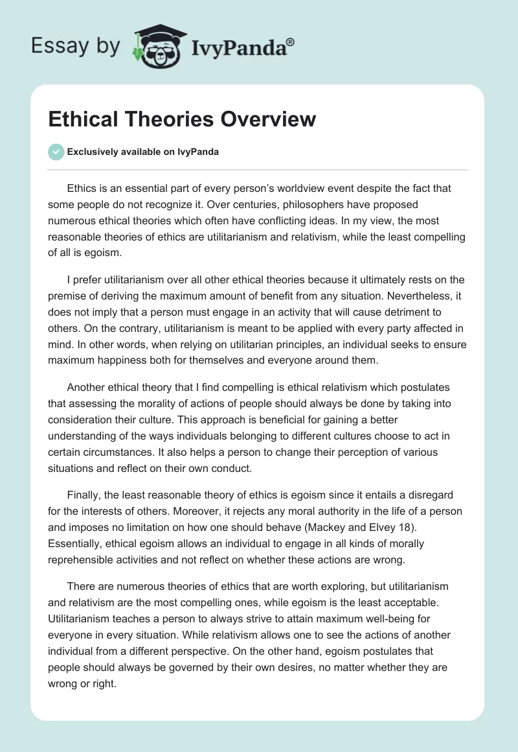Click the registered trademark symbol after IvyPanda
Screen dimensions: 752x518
[x=291, y=41]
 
